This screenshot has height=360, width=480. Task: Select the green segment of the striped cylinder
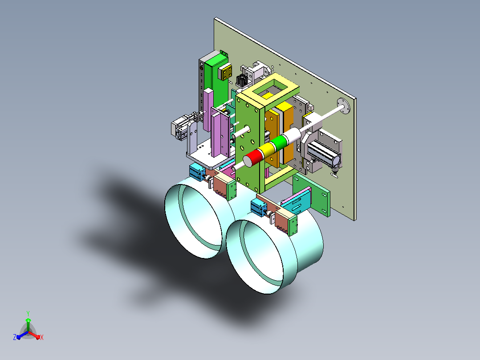[279, 142]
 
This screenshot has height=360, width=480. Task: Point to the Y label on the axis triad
[28, 313]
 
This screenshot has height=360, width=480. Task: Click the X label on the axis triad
[42, 337]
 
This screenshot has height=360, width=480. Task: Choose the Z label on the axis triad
[15, 337]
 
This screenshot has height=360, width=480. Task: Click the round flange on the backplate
[344, 106]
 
